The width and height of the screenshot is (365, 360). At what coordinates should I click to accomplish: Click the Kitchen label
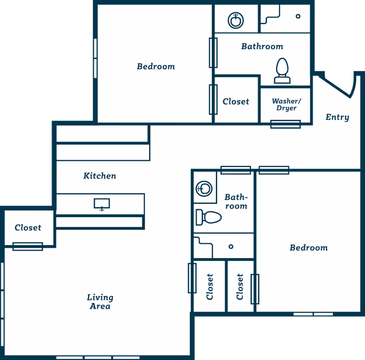[99, 176]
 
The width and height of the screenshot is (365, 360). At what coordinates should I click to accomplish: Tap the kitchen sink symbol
[102, 204]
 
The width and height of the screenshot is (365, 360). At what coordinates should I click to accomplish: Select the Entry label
[337, 117]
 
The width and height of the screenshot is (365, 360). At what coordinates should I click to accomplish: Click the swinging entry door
[335, 87]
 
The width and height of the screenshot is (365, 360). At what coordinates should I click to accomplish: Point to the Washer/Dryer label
[287, 104]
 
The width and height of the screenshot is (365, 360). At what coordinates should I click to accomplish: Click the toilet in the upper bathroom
[282, 71]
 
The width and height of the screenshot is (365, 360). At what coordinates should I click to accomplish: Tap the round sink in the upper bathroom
[235, 21]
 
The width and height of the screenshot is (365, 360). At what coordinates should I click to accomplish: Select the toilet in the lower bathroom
[209, 218]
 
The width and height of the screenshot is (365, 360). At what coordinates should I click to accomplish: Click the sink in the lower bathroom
[204, 188]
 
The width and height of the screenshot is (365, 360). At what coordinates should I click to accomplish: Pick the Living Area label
[100, 302]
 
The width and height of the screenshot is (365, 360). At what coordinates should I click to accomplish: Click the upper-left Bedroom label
[156, 67]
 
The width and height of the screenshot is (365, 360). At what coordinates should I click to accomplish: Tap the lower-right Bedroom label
[309, 248]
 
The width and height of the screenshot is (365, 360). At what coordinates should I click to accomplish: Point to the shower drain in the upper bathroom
[298, 16]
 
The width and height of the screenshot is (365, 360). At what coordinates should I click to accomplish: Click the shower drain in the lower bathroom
[231, 246]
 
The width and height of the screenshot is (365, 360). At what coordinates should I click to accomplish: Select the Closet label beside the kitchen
[28, 228]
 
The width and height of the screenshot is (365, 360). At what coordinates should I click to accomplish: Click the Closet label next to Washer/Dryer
[236, 102]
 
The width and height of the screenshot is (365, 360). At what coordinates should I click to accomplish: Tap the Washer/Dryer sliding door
[286, 124]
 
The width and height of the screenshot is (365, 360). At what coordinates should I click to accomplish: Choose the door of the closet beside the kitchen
[28, 246]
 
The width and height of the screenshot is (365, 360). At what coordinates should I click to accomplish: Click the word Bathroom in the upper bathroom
[262, 47]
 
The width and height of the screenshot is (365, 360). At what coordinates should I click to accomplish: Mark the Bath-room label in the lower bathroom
[236, 202]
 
